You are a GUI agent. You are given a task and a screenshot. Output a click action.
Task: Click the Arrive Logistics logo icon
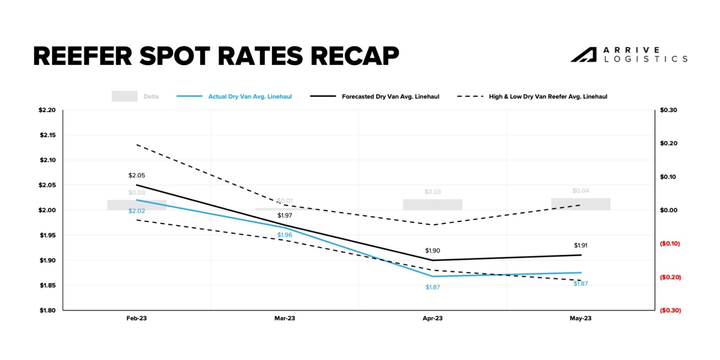click(584, 55)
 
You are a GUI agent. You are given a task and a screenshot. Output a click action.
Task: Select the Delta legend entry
click(135, 96)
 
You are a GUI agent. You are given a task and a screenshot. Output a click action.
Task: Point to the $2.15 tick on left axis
click(48, 135)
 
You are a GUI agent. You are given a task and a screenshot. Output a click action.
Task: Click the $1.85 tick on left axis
click(48, 285)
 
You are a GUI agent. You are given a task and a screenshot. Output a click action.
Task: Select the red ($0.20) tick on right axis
click(670, 277)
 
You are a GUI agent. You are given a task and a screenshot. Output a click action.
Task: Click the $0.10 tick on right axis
click(668, 177)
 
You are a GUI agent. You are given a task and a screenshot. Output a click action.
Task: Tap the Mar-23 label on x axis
click(284, 318)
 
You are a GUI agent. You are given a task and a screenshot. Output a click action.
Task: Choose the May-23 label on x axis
click(580, 318)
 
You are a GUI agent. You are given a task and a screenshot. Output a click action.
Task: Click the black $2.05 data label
click(137, 175)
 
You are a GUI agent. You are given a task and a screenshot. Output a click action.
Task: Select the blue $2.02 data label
click(137, 211)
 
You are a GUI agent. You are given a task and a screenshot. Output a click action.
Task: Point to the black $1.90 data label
click(432, 251)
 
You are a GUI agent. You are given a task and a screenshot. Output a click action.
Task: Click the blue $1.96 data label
click(284, 235)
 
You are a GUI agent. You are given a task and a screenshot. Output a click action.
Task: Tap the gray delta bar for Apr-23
click(432, 205)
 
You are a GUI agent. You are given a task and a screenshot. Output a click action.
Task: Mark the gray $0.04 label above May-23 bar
click(580, 191)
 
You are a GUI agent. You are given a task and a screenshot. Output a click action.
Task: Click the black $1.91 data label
click(580, 245)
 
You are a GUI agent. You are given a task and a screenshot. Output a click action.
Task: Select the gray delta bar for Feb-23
click(137, 205)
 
